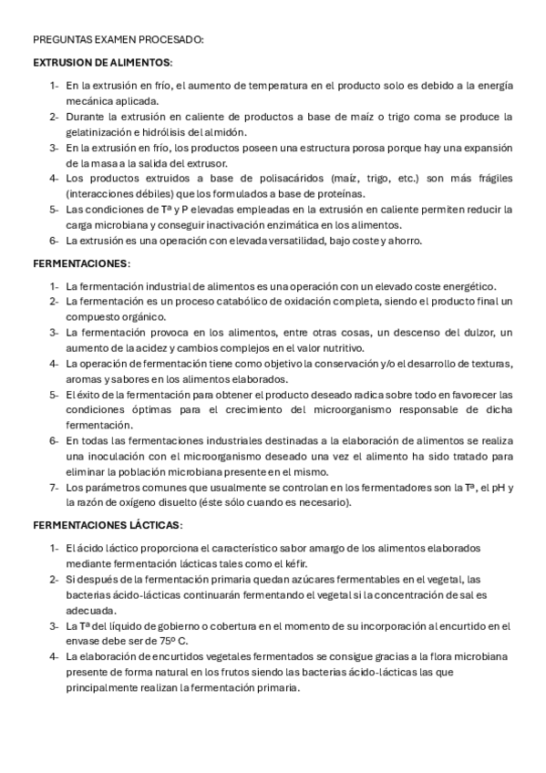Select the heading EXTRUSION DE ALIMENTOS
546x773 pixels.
[x=101, y=63]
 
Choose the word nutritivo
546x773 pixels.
[x=339, y=347]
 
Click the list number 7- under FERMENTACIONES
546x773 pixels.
[x=54, y=487]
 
